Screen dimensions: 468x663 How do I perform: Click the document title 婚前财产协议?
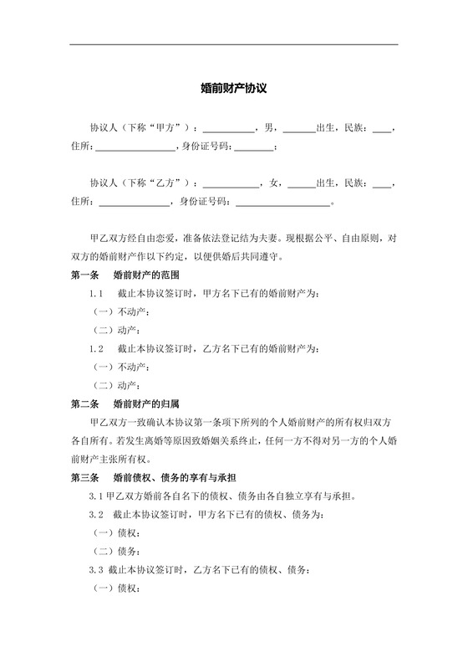[234, 87]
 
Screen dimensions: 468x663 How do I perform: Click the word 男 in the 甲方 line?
[269, 129]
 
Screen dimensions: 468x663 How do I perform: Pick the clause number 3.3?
[96, 569]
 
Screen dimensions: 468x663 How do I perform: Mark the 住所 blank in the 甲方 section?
[135, 149]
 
